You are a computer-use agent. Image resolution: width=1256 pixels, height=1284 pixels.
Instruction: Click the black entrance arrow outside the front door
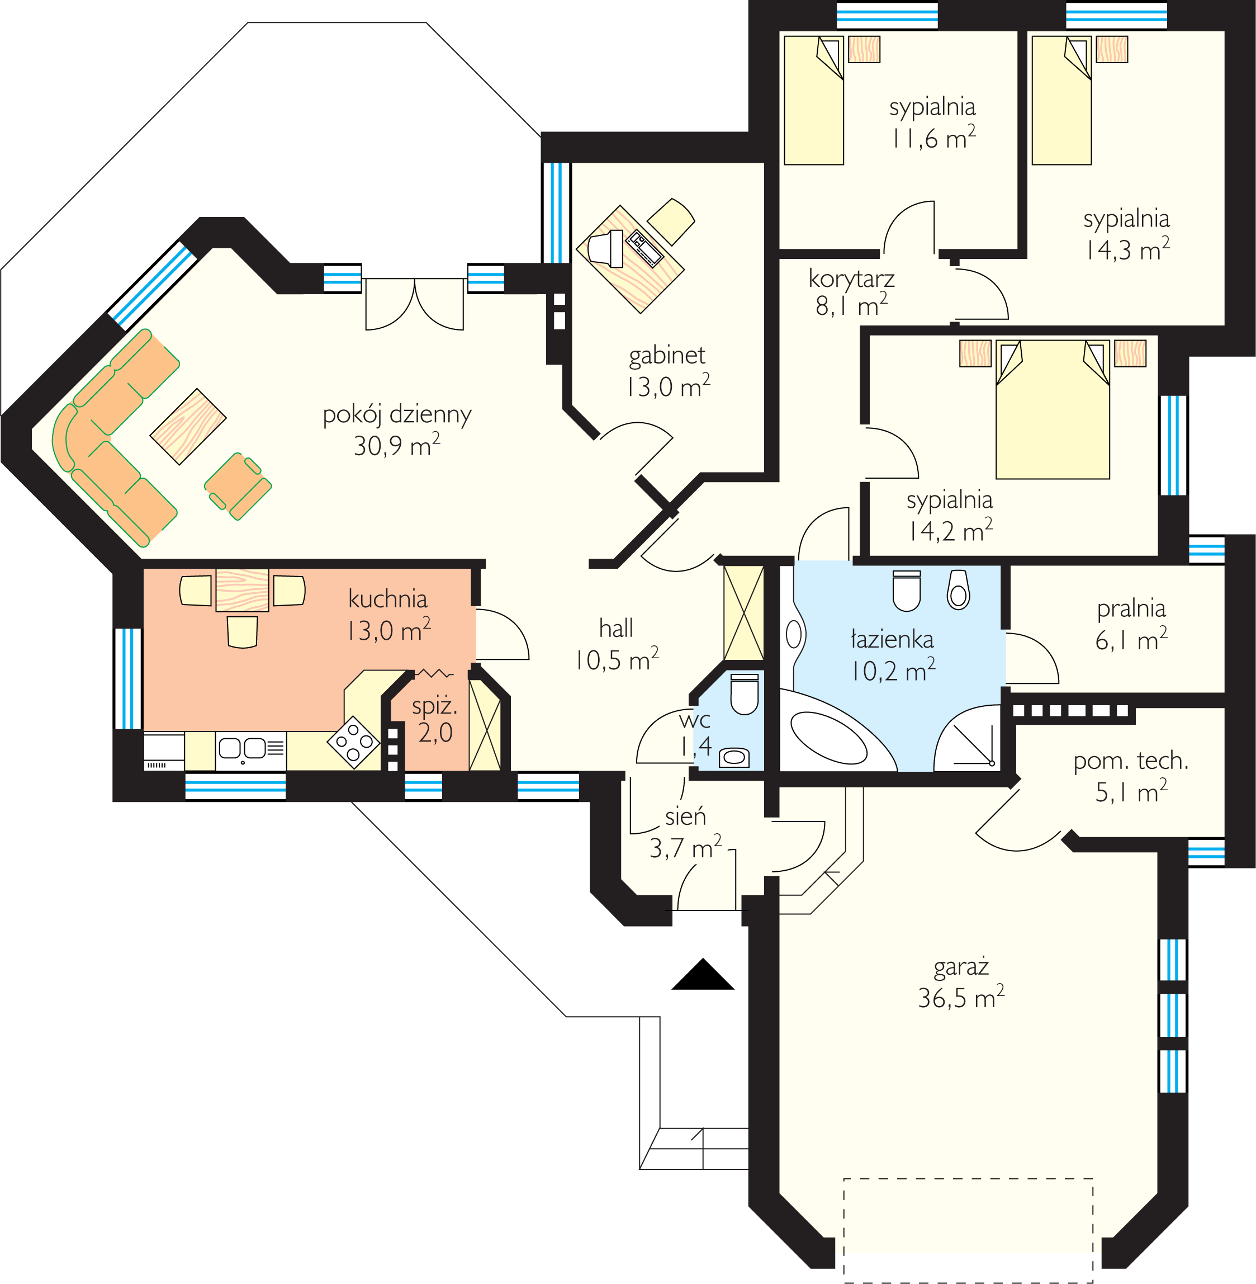pyautogui.click(x=703, y=975)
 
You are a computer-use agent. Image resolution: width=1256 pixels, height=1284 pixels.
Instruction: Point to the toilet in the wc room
pyautogui.click(x=745, y=694)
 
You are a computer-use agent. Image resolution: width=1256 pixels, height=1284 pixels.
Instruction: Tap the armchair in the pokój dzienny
pyautogui.click(x=238, y=487)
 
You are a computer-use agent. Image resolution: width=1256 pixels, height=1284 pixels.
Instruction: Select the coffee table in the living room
pyautogui.click(x=188, y=427)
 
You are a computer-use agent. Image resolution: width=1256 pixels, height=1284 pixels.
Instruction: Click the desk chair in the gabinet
pyautogui.click(x=671, y=221)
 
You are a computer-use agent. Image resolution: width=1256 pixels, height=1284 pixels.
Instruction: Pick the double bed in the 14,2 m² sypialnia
pyautogui.click(x=1053, y=409)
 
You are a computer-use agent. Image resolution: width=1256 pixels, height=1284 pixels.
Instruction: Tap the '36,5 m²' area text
pyautogui.click(x=961, y=997)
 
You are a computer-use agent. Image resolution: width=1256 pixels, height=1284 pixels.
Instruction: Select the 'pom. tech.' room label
pyautogui.click(x=1131, y=761)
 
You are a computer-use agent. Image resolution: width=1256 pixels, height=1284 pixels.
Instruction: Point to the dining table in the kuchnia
pyautogui.click(x=242, y=591)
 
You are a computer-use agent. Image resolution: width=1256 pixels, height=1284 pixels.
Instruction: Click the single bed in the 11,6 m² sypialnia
pyautogui.click(x=814, y=100)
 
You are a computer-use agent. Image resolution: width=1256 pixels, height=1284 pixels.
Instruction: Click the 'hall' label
pyautogui.click(x=616, y=628)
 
